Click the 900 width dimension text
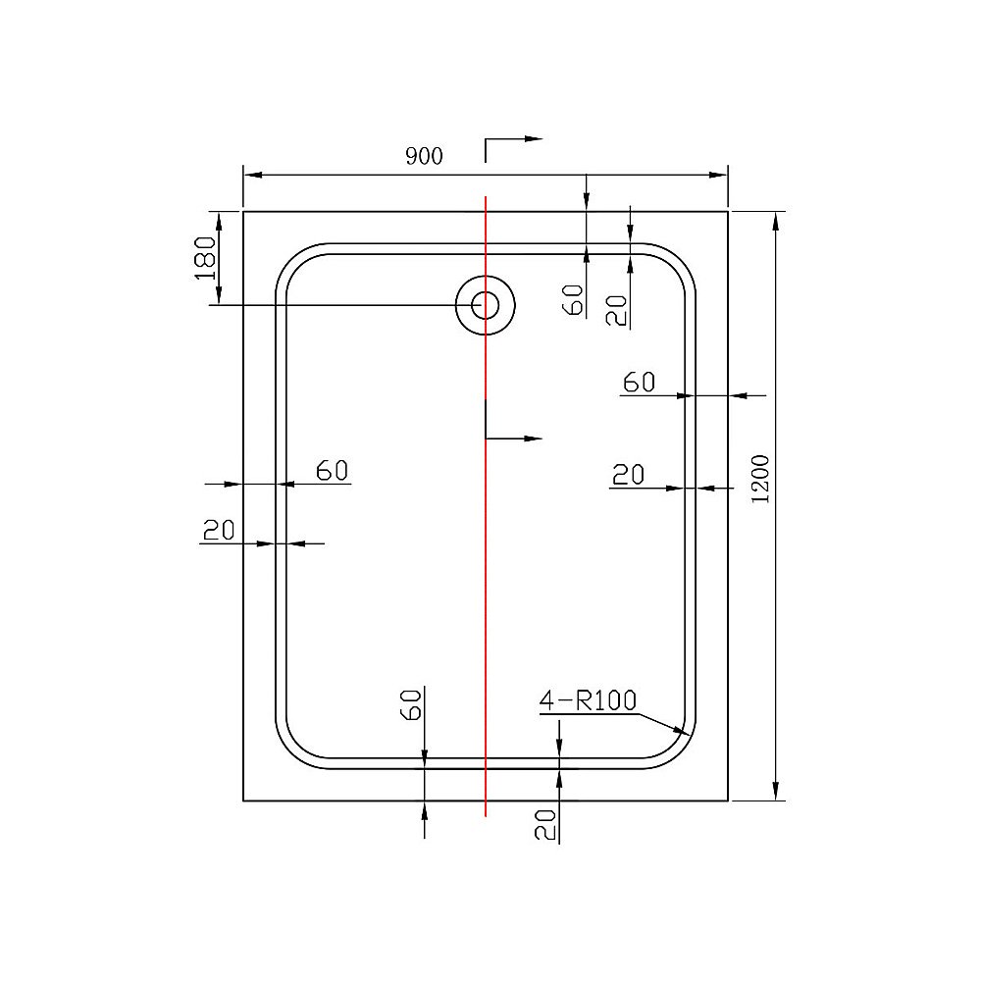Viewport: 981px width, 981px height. [425, 156]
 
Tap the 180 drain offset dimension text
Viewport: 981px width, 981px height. [205, 258]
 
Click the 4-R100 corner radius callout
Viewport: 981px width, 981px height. [588, 700]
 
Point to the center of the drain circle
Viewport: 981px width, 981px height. [485, 304]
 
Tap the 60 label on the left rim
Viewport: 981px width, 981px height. [333, 471]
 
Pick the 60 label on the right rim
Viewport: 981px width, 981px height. [639, 383]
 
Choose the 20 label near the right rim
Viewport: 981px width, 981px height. [628, 476]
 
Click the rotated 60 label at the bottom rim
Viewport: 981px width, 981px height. [412, 703]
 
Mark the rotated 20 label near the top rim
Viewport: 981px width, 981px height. [615, 310]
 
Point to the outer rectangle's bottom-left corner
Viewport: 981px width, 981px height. [243, 800]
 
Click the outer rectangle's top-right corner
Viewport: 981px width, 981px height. [728, 211]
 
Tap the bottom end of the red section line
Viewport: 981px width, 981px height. [486, 815]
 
